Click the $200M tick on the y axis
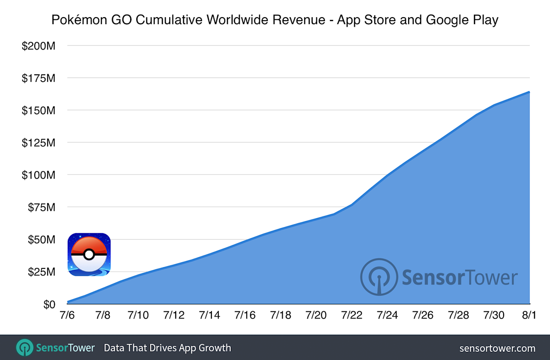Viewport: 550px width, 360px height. [x=39, y=46]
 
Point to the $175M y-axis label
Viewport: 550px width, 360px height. [x=39, y=78]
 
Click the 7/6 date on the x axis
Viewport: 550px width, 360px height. [x=67, y=315]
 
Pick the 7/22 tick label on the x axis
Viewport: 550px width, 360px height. [x=351, y=315]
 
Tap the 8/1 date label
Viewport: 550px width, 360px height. [x=529, y=315]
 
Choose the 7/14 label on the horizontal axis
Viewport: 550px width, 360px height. [x=209, y=315]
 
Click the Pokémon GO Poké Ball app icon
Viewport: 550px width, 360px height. [x=89, y=254]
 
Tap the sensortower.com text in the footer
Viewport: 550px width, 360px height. [x=497, y=348]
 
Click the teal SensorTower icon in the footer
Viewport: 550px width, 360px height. [x=25, y=348]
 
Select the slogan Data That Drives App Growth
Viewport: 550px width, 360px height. [x=167, y=348]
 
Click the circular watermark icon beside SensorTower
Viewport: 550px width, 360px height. [x=378, y=277]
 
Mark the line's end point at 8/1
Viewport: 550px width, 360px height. [x=529, y=92]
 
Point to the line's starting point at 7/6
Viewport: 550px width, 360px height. [x=68, y=302]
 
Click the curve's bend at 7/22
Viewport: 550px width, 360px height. [x=351, y=205]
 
